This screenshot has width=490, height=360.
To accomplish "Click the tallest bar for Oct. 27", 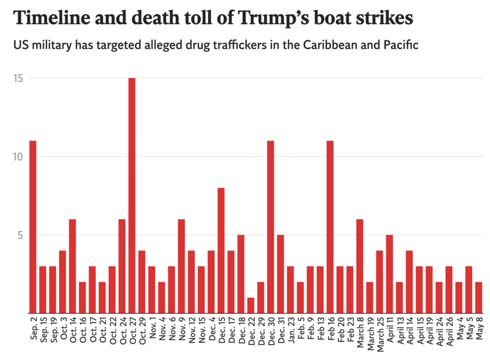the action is [132, 195].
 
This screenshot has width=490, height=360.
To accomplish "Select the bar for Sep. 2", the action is [33, 227].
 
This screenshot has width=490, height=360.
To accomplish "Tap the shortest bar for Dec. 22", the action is [251, 305].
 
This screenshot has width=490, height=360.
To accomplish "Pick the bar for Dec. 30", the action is [271, 227].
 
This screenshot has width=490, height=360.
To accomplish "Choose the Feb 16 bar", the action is [330, 227].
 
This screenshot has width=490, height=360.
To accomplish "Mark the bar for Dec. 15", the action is [221, 250].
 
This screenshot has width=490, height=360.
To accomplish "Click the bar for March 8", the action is [360, 266].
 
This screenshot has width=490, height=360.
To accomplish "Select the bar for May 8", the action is [479, 297].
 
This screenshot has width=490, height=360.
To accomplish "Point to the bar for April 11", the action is [390, 274].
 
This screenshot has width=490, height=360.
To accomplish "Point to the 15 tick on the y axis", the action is [19, 78].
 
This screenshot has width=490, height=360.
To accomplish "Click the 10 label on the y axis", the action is [19, 157].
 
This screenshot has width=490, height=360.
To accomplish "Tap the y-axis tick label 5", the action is [20, 235].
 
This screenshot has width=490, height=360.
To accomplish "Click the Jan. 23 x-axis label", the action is [291, 330].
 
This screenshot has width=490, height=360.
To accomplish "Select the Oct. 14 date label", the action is [73, 330].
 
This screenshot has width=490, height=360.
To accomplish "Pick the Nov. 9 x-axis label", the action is [181, 329].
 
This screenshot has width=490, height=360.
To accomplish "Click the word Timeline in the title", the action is [52, 18].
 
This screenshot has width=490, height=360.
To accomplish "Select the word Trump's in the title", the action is [274, 19].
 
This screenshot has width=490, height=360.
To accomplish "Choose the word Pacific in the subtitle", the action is [401, 45].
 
